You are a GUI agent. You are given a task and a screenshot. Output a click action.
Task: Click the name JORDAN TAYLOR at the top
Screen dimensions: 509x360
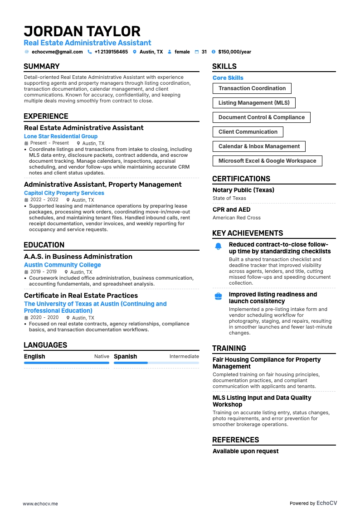point(82,31)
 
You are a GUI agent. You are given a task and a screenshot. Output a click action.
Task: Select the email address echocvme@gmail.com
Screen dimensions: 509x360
point(57,52)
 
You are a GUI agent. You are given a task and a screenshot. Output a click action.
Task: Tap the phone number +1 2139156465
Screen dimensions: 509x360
point(111,52)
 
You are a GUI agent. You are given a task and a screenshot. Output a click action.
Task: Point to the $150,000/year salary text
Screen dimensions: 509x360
point(234,52)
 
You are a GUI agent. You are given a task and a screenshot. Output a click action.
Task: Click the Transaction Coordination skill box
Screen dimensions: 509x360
point(252,88)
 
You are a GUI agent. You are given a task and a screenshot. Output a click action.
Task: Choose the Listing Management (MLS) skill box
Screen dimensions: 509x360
point(254,103)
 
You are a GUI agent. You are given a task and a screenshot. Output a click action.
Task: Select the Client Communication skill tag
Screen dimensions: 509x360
point(248,132)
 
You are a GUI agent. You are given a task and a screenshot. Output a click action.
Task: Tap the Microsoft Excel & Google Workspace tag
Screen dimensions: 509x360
point(267,161)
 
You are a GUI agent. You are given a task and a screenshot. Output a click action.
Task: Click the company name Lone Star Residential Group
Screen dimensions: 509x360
point(61,136)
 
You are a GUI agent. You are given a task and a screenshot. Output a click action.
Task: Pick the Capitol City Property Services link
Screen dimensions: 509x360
point(64,193)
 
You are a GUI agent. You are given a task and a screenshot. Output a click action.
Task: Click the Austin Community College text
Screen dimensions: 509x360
point(63,265)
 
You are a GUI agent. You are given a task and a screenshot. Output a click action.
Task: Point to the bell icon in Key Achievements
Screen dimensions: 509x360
point(218,247)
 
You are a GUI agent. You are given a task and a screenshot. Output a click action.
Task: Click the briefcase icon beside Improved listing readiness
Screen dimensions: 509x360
point(218,296)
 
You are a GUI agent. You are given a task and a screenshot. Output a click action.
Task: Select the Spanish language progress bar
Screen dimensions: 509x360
point(156,363)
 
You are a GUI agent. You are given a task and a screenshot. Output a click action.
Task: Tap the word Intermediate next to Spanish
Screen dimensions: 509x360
point(184,357)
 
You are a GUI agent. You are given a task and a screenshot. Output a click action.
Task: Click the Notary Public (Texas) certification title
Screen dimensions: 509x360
point(243,190)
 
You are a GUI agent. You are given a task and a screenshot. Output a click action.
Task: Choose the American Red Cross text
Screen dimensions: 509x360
point(237,218)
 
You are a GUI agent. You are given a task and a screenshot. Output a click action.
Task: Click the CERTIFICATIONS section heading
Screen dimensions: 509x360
point(241,179)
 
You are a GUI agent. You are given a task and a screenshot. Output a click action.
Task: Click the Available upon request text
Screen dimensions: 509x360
point(246,451)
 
